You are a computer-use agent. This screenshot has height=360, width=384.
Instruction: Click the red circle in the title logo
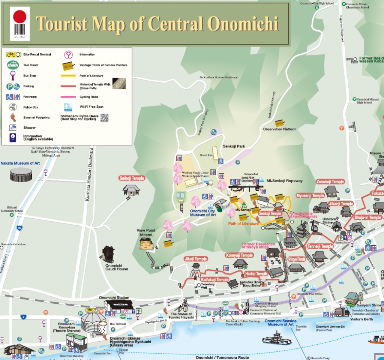(x=19, y=16)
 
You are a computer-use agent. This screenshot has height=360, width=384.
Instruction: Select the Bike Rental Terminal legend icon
(x=12, y=55)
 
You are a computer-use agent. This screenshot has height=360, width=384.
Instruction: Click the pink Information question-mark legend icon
(x=68, y=55)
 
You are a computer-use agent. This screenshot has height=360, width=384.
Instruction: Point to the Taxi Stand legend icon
(x=12, y=65)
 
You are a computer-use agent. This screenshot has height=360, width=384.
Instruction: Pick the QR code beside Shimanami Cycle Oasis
(x=104, y=117)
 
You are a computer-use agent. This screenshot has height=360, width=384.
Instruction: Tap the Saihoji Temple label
(x=132, y=178)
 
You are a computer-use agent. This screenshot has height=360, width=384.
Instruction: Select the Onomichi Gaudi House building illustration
(x=108, y=254)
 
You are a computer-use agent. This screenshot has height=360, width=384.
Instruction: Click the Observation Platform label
(x=279, y=129)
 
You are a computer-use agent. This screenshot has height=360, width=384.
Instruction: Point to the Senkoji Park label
(x=234, y=146)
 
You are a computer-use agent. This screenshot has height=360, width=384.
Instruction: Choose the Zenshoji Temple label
(x=330, y=181)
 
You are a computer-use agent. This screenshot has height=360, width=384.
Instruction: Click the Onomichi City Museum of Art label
(x=202, y=213)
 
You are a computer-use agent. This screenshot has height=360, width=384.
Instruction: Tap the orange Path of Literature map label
(x=243, y=223)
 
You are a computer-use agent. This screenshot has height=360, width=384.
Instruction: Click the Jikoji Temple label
(x=196, y=259)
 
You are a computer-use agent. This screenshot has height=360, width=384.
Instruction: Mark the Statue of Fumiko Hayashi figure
(x=184, y=305)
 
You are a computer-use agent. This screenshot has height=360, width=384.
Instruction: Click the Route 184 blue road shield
(x=19, y=228)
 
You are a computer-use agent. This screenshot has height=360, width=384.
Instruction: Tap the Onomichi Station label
(x=114, y=298)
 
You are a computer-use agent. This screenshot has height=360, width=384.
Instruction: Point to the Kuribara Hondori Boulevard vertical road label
(x=88, y=175)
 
